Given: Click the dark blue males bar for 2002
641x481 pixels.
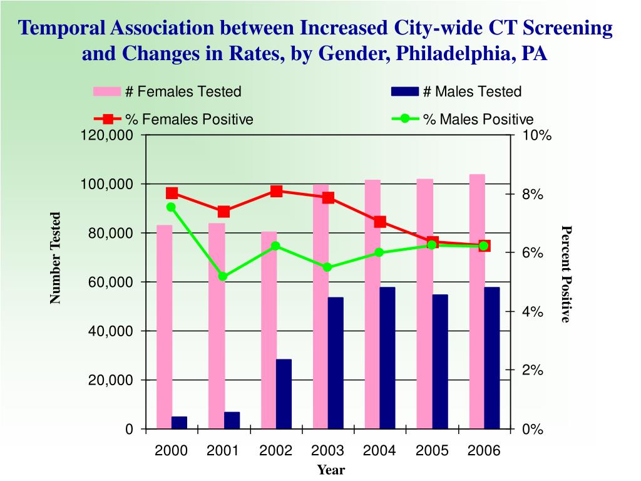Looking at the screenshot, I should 284,394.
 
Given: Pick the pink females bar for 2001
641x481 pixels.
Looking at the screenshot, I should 217,326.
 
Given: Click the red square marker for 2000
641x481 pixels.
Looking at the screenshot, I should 172,193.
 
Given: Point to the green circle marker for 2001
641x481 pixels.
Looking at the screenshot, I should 223,276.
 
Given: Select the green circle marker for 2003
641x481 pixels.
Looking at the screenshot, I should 327,267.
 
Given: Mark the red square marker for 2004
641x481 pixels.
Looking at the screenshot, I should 380,222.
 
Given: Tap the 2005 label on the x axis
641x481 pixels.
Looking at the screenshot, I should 432,451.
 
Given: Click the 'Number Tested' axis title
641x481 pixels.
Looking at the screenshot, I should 56,258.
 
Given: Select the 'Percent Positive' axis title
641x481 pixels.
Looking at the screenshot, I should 566,274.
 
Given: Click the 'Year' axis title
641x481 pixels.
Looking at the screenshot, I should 331,470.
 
